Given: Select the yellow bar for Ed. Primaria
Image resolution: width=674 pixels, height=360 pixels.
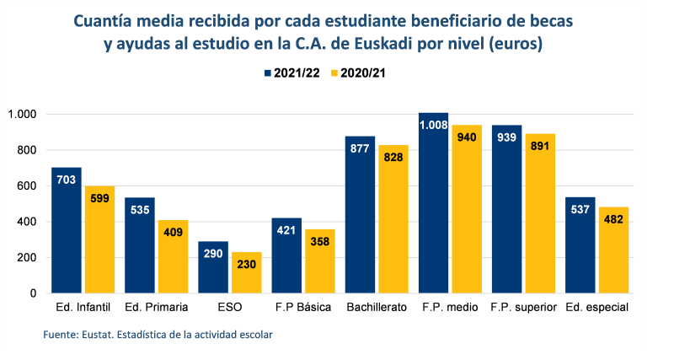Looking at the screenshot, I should [x=172, y=256].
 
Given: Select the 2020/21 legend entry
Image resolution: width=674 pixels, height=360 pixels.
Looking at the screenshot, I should [x=358, y=73].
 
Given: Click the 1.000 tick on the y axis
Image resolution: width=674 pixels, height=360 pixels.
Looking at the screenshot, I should [x=23, y=115].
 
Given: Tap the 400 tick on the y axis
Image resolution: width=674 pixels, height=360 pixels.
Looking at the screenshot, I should [x=27, y=222].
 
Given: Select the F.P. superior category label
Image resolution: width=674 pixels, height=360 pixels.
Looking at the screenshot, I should [x=523, y=308].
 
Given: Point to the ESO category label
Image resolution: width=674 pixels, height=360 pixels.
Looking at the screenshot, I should [x=230, y=308].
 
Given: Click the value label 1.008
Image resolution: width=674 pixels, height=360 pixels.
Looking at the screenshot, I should [x=434, y=126].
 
